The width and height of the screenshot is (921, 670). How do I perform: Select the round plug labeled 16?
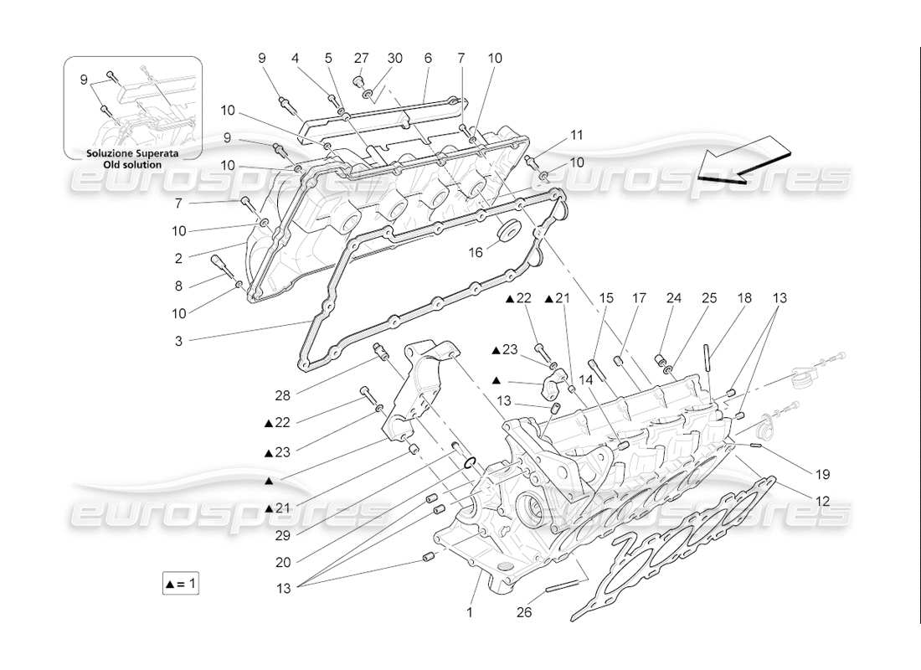click(x=507, y=229)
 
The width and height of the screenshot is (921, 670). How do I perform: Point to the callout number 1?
click(x=470, y=612)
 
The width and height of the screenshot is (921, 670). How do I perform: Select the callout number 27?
click(x=361, y=58)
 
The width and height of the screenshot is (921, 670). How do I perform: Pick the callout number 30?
click(x=394, y=58)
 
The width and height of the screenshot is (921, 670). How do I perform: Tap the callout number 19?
click(x=822, y=474)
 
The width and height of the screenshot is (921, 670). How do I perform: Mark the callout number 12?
click(x=822, y=501)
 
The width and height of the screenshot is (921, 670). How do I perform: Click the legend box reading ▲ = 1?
click(x=181, y=584)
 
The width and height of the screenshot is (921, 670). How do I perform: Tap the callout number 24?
click(x=674, y=297)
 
